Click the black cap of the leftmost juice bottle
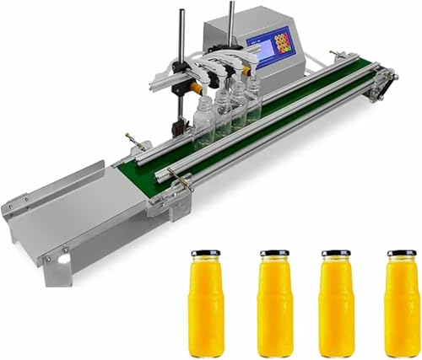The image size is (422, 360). (x=205, y=253)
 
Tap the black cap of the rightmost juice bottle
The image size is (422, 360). (x=401, y=253)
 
